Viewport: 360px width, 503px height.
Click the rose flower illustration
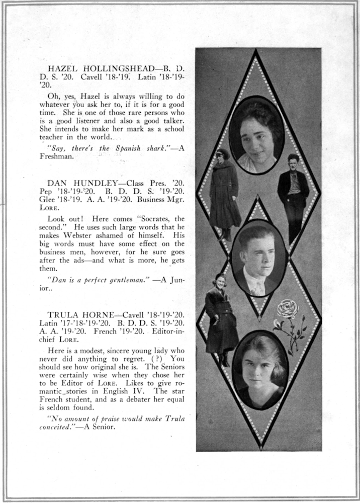[288, 309]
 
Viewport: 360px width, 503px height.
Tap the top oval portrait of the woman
[256, 136]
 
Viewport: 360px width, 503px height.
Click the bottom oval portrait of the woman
[260, 370]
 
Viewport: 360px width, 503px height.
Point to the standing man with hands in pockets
[293, 196]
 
